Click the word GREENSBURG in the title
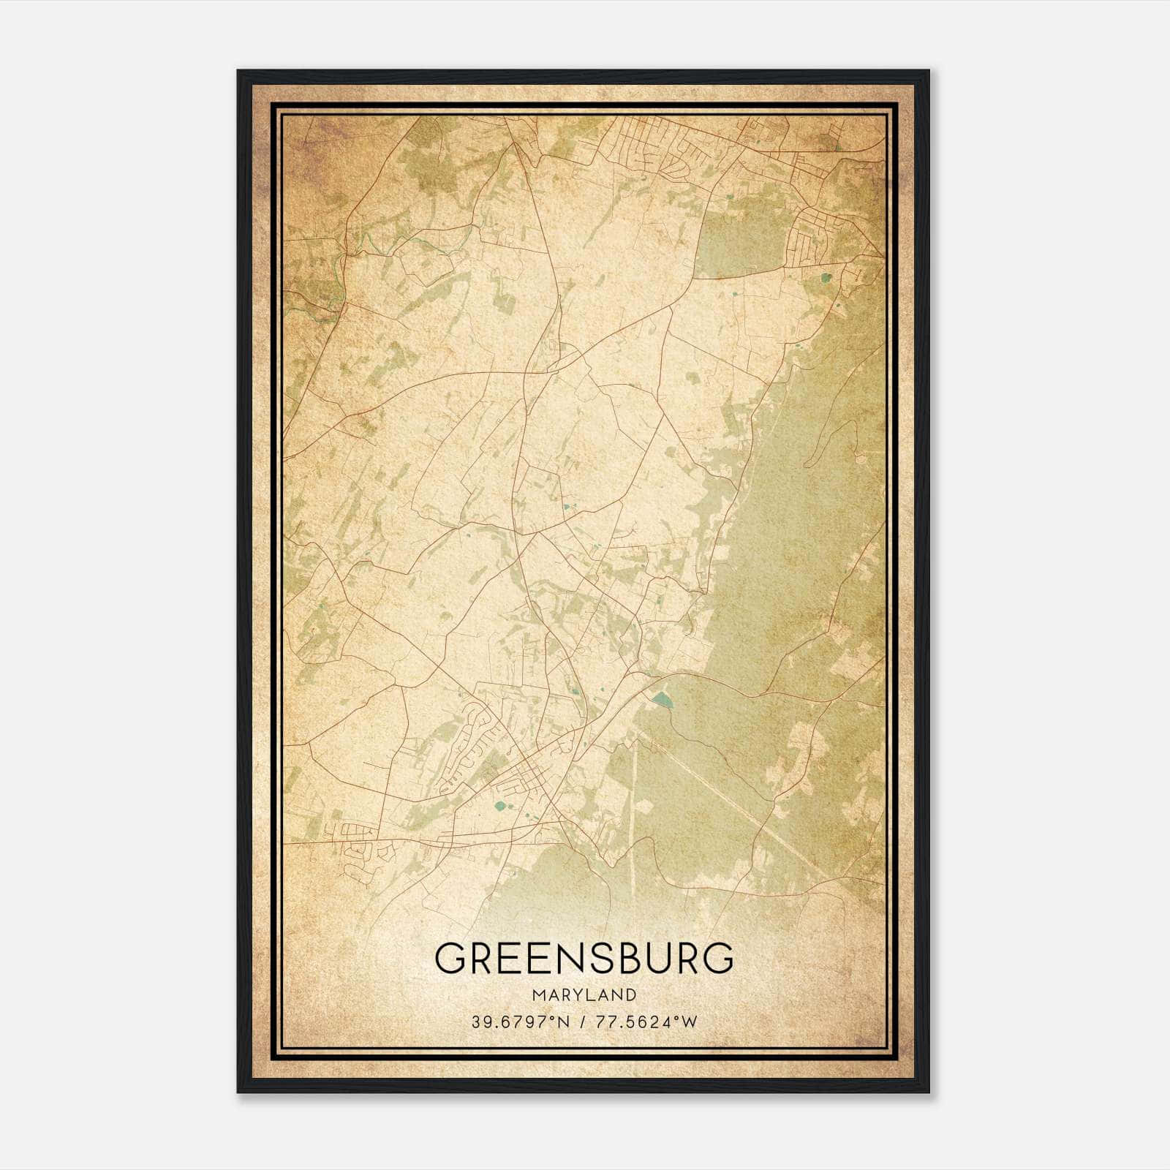[x=584, y=958]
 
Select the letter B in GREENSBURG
[x=630, y=958]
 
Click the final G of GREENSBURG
[x=718, y=958]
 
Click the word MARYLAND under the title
[x=584, y=995]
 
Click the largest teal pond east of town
[x=663, y=700]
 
